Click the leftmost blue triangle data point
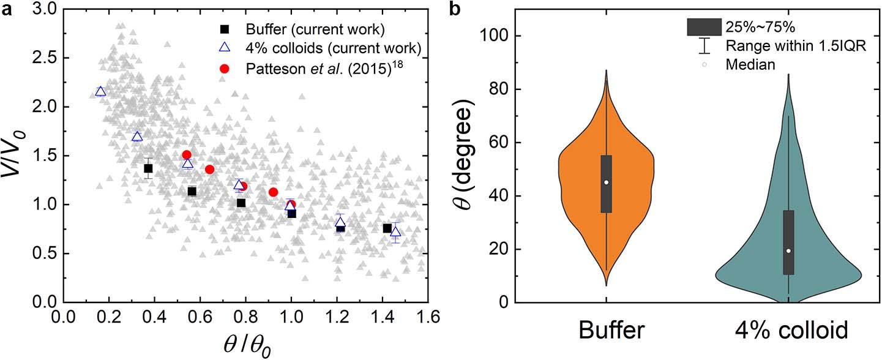point(101,92)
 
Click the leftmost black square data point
point(148,168)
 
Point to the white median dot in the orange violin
point(606,182)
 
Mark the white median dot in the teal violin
point(788,250)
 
